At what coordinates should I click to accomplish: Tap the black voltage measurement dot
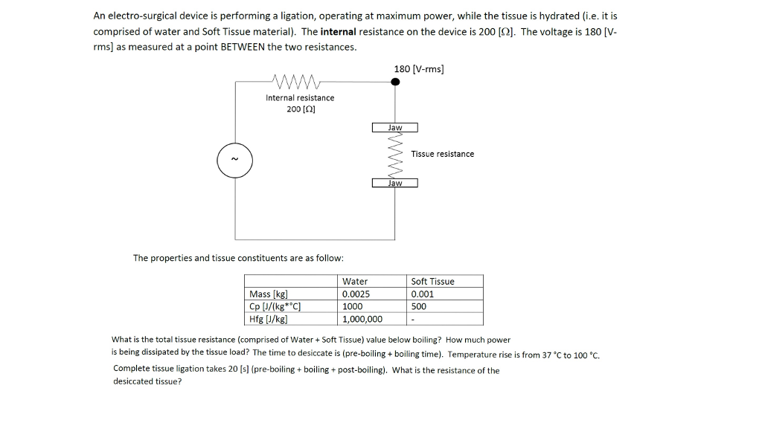395,82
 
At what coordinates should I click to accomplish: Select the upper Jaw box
395,128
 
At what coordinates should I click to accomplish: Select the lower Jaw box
395,183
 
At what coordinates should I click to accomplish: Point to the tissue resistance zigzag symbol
395,155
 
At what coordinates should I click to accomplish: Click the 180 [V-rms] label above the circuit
419,68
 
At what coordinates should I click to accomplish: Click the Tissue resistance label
442,154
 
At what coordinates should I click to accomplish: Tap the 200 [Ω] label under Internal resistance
301,109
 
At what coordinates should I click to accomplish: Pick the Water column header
354,281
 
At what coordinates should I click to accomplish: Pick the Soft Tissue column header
432,281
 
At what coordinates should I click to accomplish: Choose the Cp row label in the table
275,306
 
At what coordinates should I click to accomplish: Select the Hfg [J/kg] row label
269,319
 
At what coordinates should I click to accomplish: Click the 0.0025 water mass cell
356,294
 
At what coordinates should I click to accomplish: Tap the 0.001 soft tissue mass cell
423,294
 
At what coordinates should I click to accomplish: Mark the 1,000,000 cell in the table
362,319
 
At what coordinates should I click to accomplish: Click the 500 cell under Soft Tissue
419,306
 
